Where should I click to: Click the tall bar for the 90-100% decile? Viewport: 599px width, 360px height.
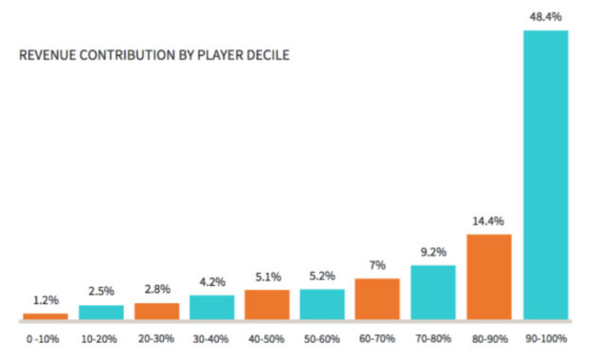(x=545, y=174)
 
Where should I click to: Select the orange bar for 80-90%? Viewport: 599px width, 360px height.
(x=489, y=276)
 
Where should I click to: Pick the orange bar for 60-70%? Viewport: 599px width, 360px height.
(x=377, y=297)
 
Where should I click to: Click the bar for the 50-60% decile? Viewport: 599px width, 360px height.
(x=322, y=303)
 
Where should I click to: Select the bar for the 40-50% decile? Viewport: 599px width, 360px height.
(x=266, y=303)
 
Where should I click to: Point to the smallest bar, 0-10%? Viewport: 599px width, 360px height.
(x=45, y=315)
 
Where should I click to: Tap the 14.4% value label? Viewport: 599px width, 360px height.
(x=489, y=222)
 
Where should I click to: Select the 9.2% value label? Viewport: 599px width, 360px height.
(x=433, y=253)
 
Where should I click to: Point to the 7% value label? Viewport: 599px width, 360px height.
(x=377, y=266)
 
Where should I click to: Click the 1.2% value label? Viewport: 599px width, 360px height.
(x=45, y=300)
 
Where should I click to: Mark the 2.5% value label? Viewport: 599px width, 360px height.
(x=100, y=293)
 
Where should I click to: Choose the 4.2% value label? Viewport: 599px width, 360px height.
(x=211, y=281)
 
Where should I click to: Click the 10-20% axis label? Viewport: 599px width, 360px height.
(x=100, y=336)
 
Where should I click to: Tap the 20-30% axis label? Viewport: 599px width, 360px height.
(x=156, y=336)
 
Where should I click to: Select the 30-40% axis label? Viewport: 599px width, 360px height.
(x=211, y=336)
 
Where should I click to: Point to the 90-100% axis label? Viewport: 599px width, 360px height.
(x=545, y=336)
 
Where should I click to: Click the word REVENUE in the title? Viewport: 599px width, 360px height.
(x=47, y=56)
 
